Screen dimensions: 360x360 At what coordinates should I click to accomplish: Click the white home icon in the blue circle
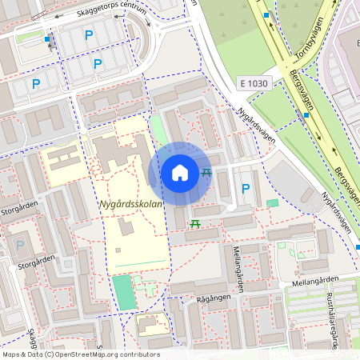point(180,172)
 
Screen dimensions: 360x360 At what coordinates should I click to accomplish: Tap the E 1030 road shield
point(254,82)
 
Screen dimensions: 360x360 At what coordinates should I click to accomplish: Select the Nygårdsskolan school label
point(130,205)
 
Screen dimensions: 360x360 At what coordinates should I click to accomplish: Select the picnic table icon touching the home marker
point(206,172)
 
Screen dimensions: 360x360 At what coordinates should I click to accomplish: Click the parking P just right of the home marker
point(246,189)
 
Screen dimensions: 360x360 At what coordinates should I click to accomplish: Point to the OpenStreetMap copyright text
point(81,354)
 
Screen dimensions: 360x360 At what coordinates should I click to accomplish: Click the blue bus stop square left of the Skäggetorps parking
point(47,38)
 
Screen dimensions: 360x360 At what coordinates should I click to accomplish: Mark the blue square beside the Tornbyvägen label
point(266,14)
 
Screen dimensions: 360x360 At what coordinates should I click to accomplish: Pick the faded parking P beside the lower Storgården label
point(20,245)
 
